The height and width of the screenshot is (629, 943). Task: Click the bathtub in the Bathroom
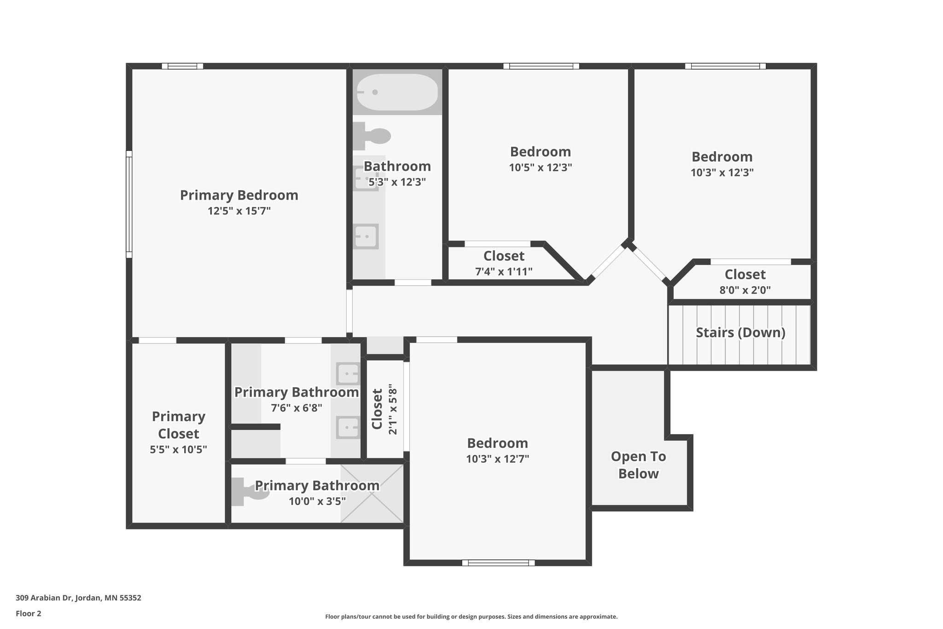coord(397,92)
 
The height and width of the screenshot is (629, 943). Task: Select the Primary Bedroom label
coord(239,195)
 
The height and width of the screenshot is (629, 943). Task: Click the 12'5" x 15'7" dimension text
coord(239,211)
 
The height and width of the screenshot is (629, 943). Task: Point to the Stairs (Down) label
coord(740,333)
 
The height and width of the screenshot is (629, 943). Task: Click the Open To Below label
coord(638,465)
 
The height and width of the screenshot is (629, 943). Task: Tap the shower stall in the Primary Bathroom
coord(372,494)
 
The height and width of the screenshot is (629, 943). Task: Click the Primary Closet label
coord(179,425)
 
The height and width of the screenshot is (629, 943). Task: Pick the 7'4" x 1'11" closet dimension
coord(504,271)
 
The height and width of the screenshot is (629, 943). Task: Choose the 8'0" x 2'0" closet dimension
coord(745,290)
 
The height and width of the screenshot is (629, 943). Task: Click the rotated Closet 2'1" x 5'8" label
coord(384,409)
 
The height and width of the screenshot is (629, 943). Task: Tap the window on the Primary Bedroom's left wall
coord(129,204)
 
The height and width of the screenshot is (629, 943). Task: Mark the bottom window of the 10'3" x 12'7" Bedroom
coord(498,563)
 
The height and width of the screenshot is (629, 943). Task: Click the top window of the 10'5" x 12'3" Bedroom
coord(541,66)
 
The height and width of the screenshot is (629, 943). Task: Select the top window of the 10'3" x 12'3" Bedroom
coord(725,66)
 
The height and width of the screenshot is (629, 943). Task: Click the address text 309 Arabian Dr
coord(78,598)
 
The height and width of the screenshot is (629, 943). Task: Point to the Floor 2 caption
coord(29,613)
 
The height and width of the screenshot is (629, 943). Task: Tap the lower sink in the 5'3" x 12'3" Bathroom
coord(367,236)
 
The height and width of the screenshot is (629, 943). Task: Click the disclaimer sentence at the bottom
coord(471,617)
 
